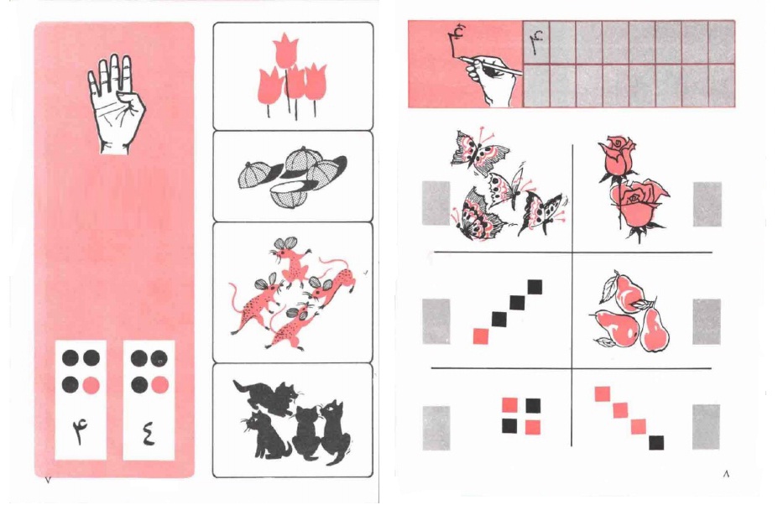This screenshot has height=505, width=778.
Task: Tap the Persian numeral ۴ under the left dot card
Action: pos(80,431)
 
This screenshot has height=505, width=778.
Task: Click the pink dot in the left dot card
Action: pos(91,385)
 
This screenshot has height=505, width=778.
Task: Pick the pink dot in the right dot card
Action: pos(159,385)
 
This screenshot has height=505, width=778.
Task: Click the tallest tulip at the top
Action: pos(285,50)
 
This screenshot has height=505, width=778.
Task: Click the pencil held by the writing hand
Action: pos(490,65)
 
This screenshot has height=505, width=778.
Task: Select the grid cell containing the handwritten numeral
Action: pos(535,43)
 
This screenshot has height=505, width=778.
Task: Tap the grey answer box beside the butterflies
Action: pos(436,203)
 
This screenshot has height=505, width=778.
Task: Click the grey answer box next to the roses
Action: pos(707,204)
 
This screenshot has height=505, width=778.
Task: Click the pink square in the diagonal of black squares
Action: pos(481,336)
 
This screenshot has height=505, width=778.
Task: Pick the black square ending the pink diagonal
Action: pos(656,442)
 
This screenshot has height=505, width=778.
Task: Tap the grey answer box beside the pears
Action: pos(707,321)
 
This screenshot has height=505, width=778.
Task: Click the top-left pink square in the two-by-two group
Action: pos(509,405)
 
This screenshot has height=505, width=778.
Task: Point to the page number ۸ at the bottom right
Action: pos(726,474)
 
